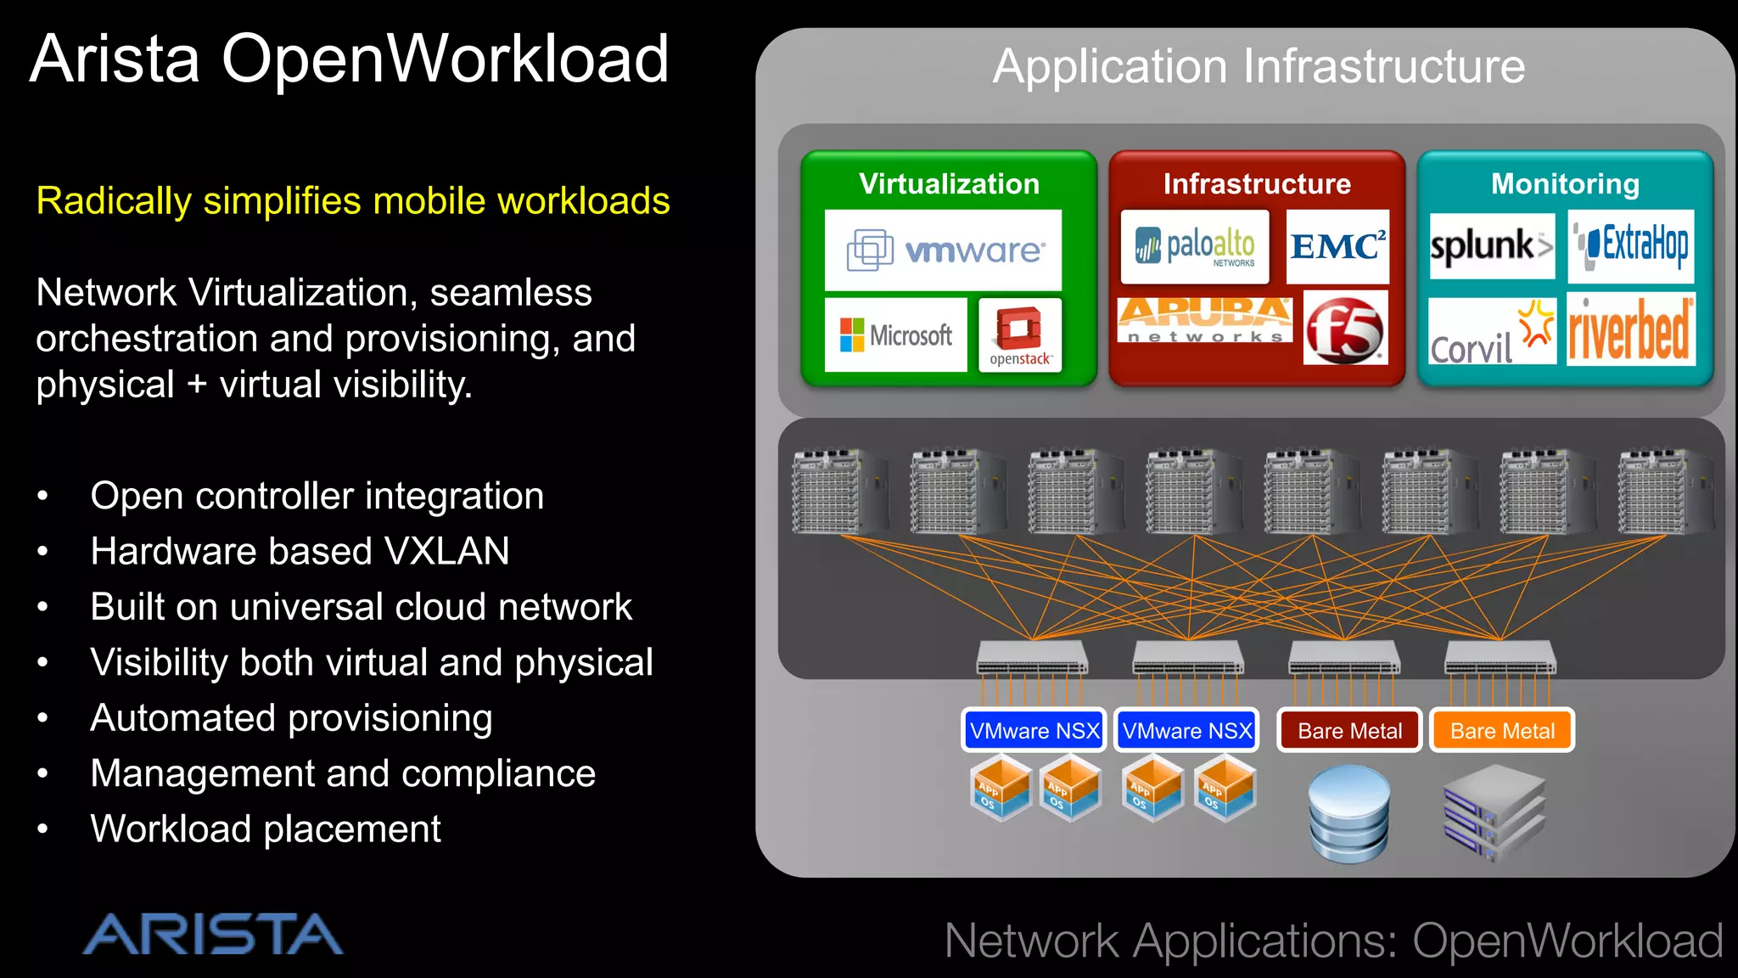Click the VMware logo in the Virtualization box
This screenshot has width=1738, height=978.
943,250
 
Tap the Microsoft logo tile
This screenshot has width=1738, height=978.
895,334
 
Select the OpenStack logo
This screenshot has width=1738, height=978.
1020,335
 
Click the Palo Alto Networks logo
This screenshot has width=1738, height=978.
1195,246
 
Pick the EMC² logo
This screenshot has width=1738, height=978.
1337,246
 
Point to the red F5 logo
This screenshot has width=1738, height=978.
1345,329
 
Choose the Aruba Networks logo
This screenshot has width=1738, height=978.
1205,320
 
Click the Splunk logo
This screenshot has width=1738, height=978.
1491,246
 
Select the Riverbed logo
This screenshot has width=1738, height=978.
1630,331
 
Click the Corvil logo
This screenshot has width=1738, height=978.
1492,334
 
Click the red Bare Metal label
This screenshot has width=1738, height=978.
1349,731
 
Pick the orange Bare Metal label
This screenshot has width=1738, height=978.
1502,731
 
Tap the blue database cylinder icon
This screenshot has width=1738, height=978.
1349,813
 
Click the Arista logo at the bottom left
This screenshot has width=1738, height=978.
212,935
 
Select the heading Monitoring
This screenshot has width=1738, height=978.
1565,184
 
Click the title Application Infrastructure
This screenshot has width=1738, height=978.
1259,66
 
